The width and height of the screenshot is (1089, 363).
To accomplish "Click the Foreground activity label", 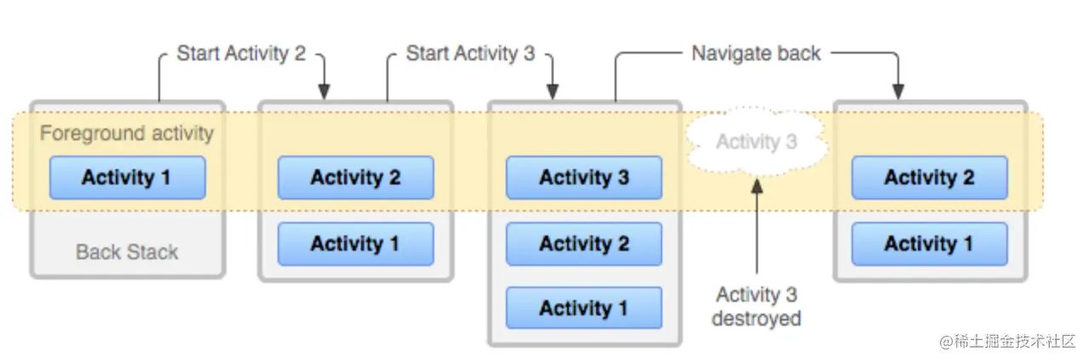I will [127, 133].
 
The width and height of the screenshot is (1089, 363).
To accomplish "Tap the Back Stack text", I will [127, 252].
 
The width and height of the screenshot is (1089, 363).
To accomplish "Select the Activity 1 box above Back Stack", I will [127, 178].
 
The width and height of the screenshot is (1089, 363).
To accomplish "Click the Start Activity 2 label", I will [241, 54].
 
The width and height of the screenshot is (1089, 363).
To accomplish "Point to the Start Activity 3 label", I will [470, 54].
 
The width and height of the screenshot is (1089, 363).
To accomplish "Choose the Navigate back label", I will [755, 54].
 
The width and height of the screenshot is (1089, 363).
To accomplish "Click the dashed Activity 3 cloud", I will [756, 141].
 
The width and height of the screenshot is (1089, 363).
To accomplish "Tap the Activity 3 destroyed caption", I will [756, 307].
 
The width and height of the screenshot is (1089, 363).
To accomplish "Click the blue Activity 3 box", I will [583, 178].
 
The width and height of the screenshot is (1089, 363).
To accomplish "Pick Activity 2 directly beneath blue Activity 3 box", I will [583, 244].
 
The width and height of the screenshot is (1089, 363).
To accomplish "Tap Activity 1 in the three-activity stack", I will [583, 308].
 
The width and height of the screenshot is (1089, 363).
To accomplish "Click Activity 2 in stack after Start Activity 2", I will [355, 178].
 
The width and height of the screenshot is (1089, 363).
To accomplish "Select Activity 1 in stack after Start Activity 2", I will [355, 244].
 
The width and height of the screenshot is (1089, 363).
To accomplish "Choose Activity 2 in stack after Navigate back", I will [929, 178].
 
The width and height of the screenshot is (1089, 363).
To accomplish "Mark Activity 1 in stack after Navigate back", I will [929, 244].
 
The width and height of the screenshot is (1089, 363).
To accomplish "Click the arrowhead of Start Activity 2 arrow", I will [324, 92].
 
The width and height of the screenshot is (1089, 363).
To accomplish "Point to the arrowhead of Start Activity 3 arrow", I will [553, 92].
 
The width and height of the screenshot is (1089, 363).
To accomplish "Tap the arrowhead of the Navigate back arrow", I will [897, 92].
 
